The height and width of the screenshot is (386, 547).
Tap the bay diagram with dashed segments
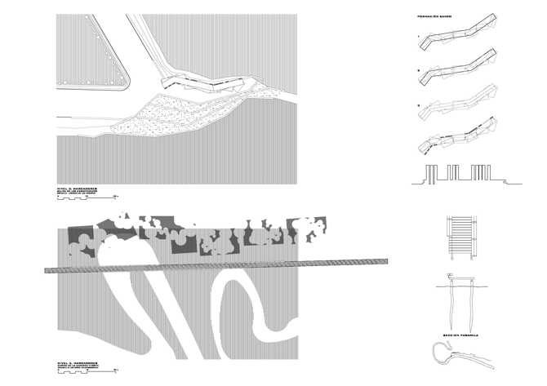tap(457, 136)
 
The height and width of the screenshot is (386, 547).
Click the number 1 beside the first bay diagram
tap(418, 38)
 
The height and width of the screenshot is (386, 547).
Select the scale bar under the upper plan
tap(111, 197)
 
